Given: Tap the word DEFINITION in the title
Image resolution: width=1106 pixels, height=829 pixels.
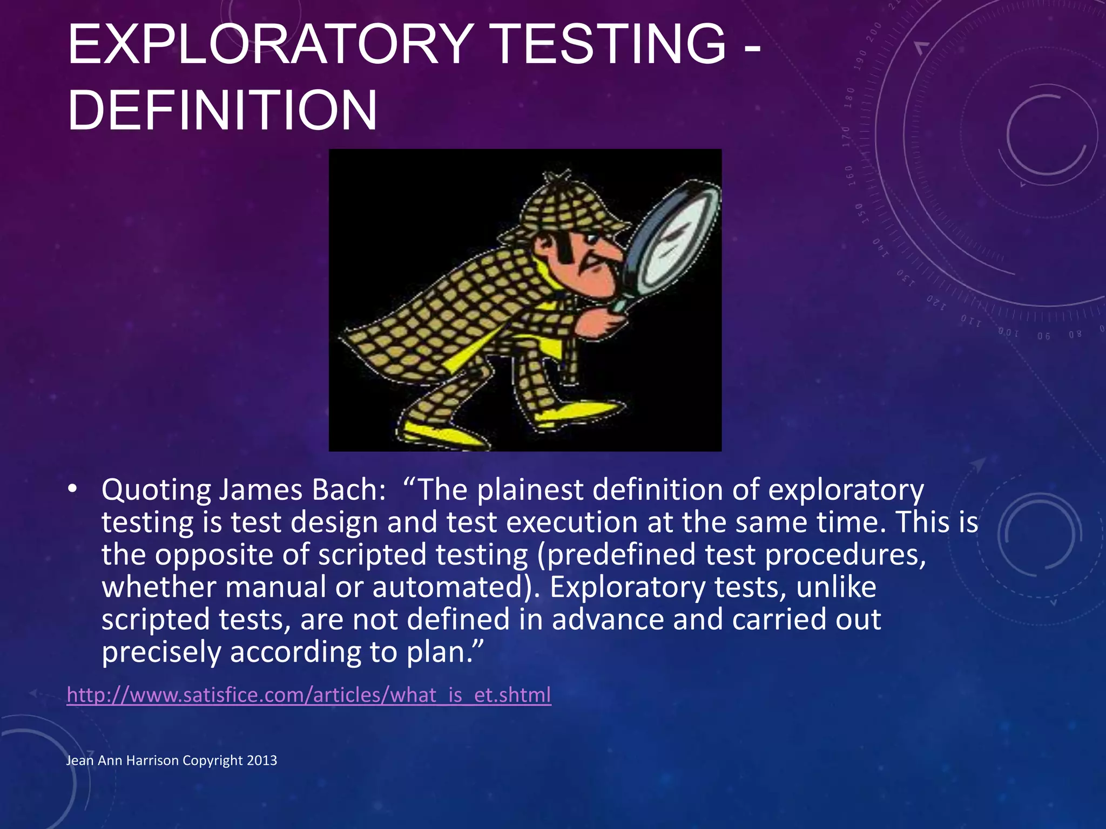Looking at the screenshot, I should pyautogui.click(x=222, y=111).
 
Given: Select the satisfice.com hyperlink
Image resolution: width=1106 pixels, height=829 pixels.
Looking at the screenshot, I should pyautogui.click(x=309, y=695).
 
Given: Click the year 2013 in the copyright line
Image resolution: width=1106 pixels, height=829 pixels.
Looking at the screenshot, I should pyautogui.click(x=261, y=760).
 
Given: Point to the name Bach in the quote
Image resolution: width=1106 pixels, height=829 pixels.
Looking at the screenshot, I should pyautogui.click(x=349, y=490).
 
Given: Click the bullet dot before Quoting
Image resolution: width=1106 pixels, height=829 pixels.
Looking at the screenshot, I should pyautogui.click(x=72, y=489).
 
